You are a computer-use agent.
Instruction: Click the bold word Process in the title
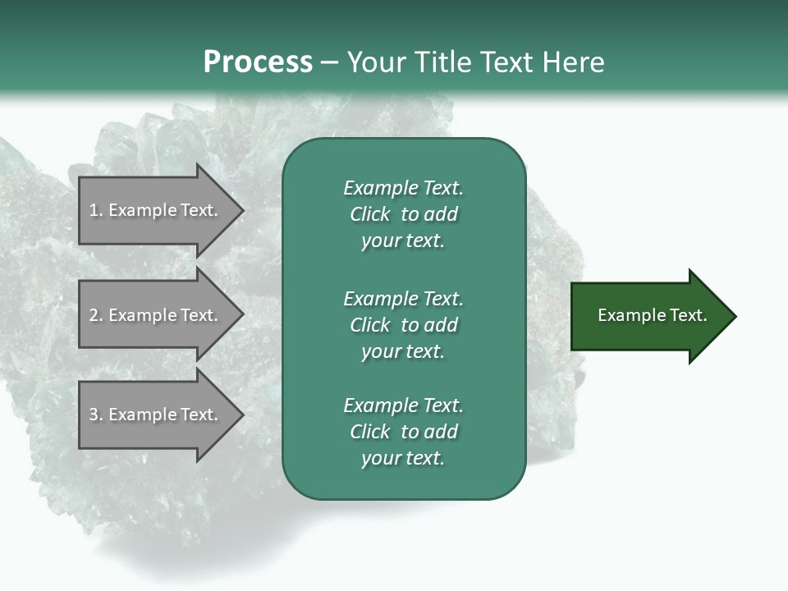pos(258,62)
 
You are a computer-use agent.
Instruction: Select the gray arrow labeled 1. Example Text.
pos(156,210)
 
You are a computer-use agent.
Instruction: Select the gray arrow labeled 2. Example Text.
pos(156,315)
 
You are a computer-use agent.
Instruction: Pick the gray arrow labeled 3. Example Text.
pos(156,415)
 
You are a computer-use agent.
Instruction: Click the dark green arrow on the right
pos(648,316)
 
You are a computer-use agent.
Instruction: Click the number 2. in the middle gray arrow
pos(96,315)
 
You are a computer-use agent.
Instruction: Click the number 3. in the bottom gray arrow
pos(96,415)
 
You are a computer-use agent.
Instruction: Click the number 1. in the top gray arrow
pos(96,210)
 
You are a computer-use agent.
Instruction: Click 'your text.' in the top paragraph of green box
pos(403,241)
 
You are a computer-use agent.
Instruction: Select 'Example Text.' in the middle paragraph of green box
pos(403,298)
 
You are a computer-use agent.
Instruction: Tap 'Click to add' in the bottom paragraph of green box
pos(403,432)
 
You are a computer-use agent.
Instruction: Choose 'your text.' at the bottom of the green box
pos(403,458)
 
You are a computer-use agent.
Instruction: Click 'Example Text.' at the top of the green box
pos(403,188)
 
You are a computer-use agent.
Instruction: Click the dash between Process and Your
pos(329,62)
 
